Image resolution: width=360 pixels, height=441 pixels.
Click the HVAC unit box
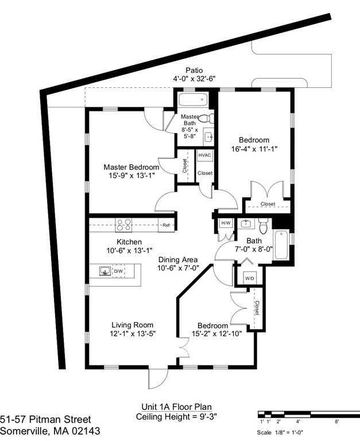204,155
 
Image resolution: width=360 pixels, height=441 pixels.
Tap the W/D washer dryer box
249,278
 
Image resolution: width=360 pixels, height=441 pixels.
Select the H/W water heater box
226,223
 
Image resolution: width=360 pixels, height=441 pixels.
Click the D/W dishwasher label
118,271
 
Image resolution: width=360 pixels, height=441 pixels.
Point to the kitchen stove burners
124,225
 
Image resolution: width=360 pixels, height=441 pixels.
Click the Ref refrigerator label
166,225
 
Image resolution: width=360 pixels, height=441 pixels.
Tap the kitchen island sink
106,271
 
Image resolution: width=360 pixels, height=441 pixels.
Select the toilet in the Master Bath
206,118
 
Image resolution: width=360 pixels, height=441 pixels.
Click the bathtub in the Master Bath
193,99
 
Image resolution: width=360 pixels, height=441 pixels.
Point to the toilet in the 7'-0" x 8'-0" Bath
263,226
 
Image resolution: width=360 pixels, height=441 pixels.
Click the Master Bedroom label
131,167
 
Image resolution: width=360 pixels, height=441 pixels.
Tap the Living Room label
133,325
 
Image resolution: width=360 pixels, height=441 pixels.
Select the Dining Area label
178,260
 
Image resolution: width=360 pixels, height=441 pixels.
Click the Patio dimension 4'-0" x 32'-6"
194,79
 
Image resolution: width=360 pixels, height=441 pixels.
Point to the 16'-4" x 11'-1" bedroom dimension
254,149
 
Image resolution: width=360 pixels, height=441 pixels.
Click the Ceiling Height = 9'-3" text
176,416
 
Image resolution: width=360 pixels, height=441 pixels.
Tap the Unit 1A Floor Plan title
176,407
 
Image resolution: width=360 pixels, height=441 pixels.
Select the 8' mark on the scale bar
336,421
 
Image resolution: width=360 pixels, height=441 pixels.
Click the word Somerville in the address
25,431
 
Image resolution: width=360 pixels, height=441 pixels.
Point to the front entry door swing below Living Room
158,378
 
